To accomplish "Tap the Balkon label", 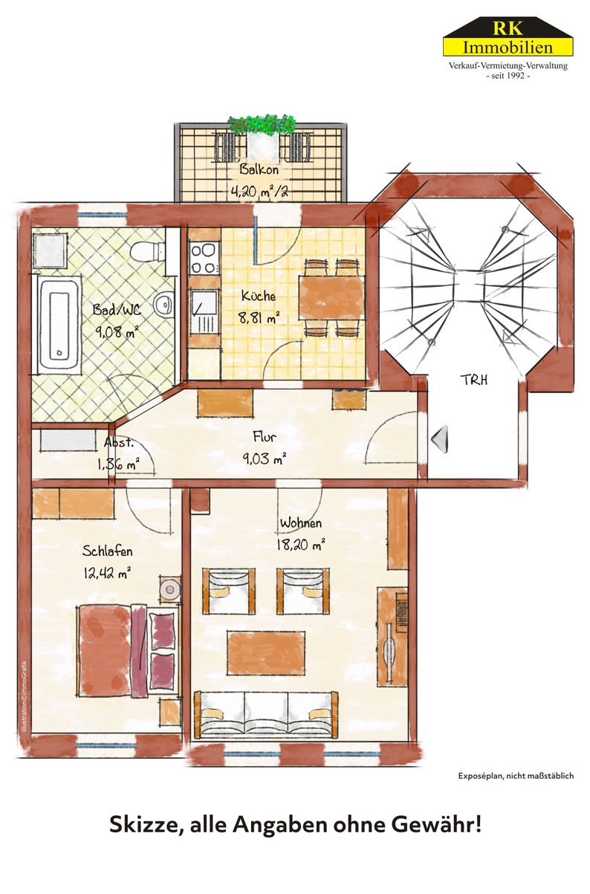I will [259, 169].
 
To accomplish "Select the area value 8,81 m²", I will [259, 319].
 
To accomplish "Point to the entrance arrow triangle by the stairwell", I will [440, 438].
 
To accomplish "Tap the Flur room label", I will [265, 437].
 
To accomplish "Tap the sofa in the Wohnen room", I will [265, 716].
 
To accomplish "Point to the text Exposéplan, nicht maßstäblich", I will [515, 777].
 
